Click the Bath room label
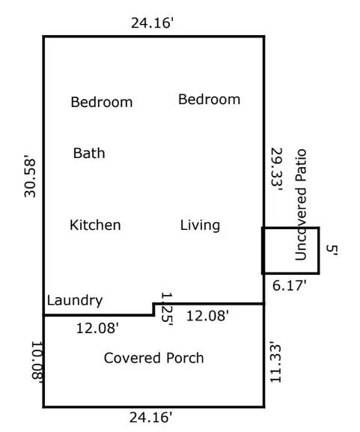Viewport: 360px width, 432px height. click(89, 153)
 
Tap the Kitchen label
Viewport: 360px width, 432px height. click(95, 225)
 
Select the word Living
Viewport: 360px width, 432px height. click(200, 225)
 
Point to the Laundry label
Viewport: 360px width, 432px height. click(74, 300)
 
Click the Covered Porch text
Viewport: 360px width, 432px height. click(153, 358)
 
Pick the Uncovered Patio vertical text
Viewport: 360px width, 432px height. click(301, 204)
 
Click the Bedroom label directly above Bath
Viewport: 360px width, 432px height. click(101, 102)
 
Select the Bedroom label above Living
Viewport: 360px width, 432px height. click(209, 100)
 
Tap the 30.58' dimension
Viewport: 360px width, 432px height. click(30, 175)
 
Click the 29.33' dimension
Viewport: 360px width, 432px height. click(275, 170)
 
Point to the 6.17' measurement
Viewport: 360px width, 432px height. click(288, 285)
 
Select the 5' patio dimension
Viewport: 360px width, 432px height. click(332, 251)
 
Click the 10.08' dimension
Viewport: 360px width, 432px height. click(36, 361)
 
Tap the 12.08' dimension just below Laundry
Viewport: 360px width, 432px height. click(97, 327)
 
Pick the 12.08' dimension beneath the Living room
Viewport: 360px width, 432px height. click(207, 316)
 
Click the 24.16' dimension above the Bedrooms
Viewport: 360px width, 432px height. click(153, 22)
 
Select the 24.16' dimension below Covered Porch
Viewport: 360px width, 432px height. click(153, 416)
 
